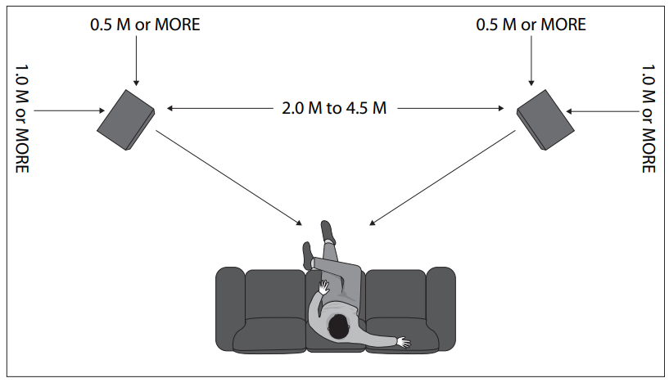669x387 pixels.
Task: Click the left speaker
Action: (x=124, y=119)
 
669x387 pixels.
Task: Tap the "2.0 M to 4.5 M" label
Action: (x=333, y=108)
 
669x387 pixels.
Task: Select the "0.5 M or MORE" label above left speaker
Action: (x=145, y=25)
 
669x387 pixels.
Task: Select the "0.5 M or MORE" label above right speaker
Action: (x=531, y=25)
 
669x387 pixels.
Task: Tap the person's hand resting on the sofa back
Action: (x=402, y=341)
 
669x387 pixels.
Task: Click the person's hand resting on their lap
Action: (x=324, y=288)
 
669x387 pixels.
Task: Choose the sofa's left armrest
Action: (x=228, y=307)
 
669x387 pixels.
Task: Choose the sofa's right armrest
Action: (x=441, y=307)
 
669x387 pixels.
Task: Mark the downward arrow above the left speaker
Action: (x=136, y=61)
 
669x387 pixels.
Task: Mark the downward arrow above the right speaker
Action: (x=531, y=61)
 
